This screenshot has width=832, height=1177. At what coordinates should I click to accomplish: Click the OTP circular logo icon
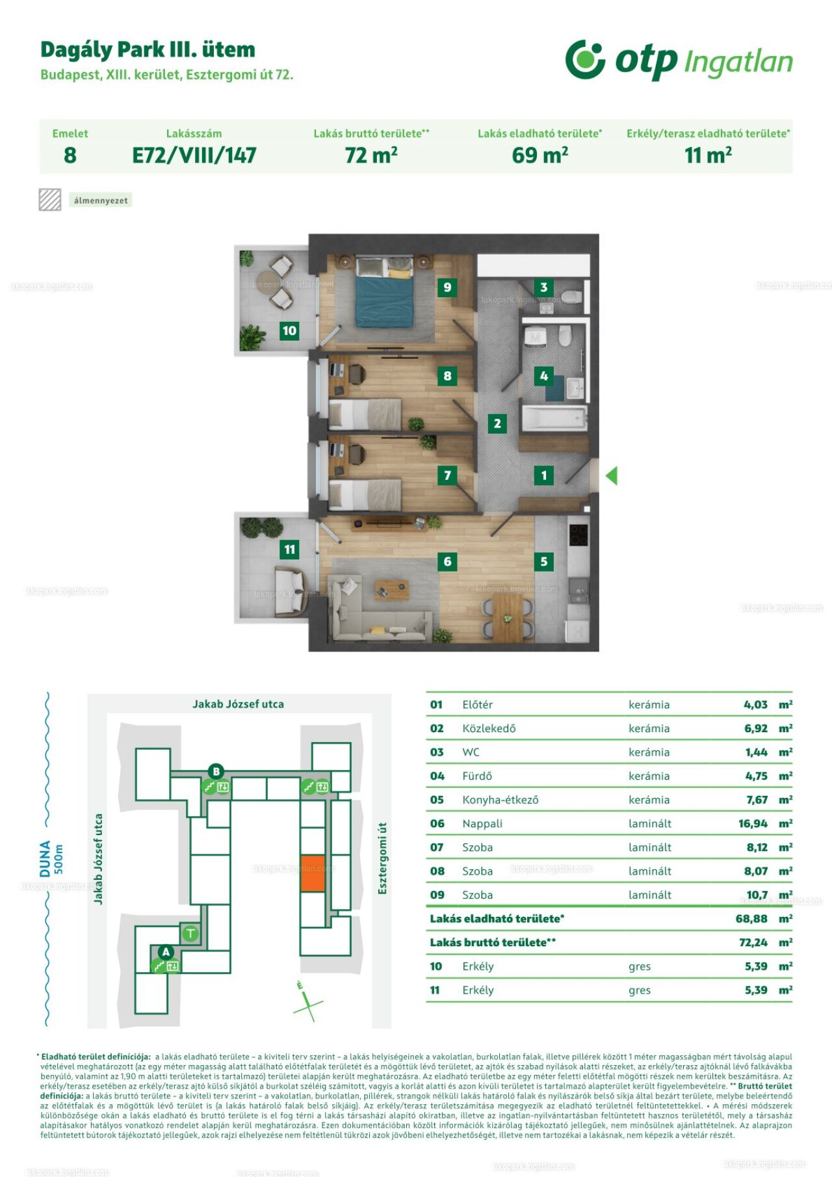tap(585, 59)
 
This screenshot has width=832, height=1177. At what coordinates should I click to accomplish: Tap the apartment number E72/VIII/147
tap(194, 155)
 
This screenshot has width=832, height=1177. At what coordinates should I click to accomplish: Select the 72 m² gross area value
tap(371, 155)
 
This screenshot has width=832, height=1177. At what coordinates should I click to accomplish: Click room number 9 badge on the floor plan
tap(447, 287)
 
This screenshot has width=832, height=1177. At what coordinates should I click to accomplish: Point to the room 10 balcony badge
tap(289, 330)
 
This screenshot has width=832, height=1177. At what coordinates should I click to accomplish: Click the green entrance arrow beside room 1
tap(611, 476)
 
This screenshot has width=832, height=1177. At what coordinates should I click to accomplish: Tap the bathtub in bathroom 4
tap(554, 418)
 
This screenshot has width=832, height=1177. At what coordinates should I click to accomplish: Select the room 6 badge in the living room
tap(447, 561)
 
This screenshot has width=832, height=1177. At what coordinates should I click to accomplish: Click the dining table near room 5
tap(508, 617)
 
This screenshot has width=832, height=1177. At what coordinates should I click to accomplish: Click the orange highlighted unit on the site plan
tap(313, 873)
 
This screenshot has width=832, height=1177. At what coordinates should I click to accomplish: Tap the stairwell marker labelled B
tap(216, 772)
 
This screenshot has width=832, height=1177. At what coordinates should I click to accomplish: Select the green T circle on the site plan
tap(190, 934)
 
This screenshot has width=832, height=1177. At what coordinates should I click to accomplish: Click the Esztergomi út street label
tap(382, 858)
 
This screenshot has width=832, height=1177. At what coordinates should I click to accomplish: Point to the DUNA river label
tap(45, 858)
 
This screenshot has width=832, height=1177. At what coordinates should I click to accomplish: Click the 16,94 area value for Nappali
tap(753, 824)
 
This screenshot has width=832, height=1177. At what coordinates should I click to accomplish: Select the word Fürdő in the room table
tap(477, 776)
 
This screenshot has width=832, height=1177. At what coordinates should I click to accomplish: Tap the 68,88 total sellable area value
tap(751, 919)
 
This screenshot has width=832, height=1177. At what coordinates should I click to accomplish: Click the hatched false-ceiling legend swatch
tap(50, 200)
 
